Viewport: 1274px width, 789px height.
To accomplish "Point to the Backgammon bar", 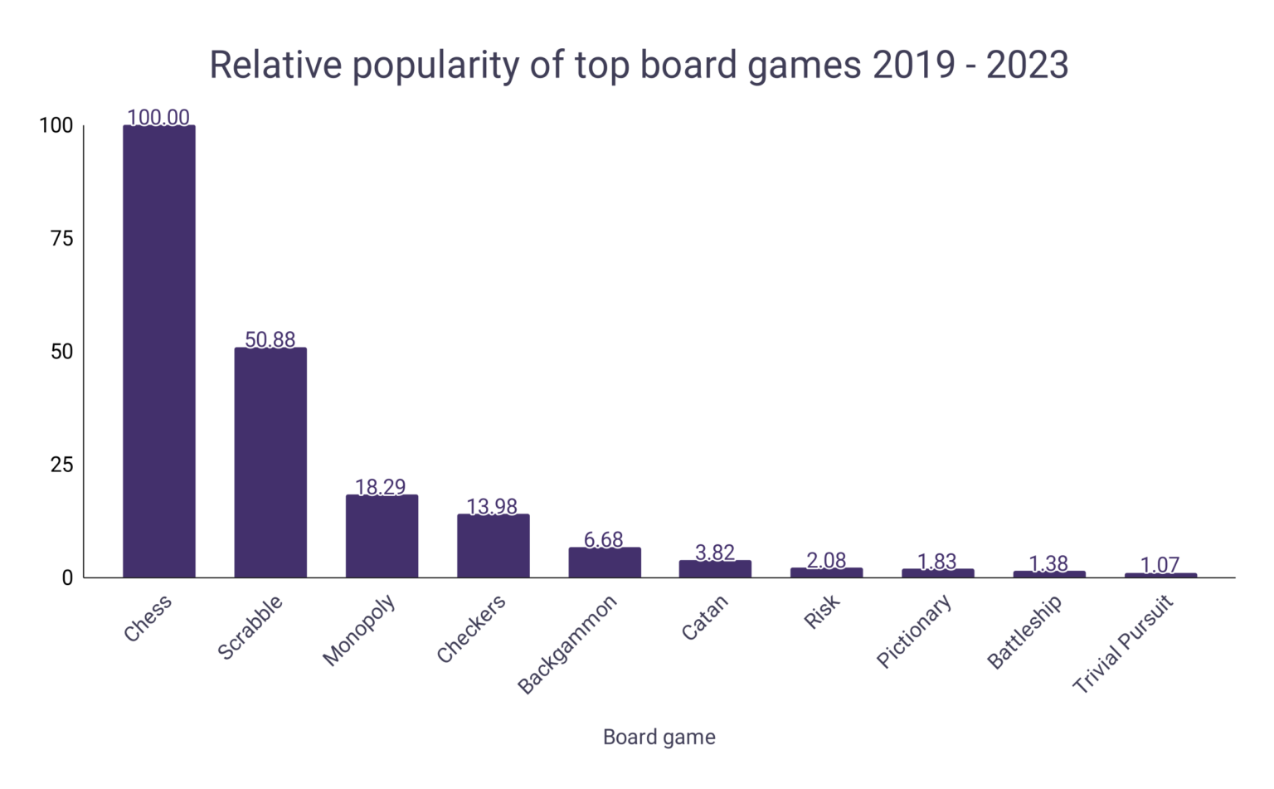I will (605, 563).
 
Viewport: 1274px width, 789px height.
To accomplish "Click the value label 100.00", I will (158, 117).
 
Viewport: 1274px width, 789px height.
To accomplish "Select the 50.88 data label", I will (270, 339).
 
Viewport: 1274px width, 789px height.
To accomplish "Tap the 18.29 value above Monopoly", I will (381, 487).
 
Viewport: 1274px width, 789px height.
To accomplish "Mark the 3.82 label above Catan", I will (715, 553).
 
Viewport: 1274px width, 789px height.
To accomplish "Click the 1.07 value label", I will (1160, 565).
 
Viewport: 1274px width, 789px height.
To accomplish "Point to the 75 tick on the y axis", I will (62, 239).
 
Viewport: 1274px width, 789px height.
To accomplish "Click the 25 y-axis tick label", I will (62, 465).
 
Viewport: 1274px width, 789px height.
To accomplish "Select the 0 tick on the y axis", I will (67, 577).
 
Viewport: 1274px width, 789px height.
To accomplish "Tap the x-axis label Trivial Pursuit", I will (1124, 645).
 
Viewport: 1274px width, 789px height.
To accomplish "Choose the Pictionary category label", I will (914, 632).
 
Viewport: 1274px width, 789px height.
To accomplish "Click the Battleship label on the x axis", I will (1024, 632).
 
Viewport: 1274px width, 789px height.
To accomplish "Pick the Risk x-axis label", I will (822, 612).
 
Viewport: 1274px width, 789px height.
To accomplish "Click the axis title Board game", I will (659, 737).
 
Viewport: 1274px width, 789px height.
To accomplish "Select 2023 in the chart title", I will (1027, 65).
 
